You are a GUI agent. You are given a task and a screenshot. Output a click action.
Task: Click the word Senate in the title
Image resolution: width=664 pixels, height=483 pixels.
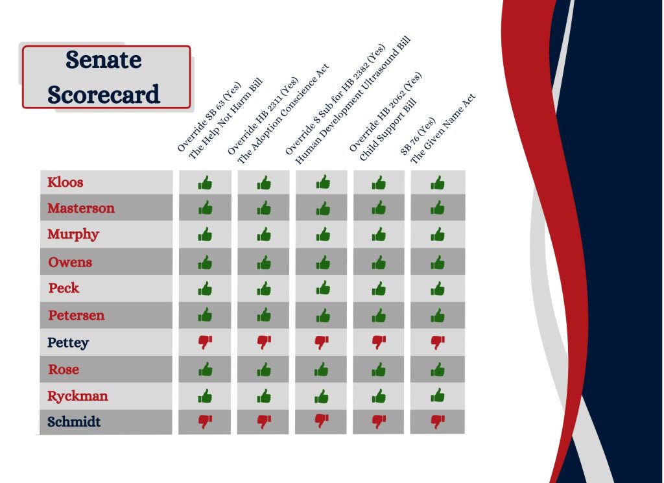103,60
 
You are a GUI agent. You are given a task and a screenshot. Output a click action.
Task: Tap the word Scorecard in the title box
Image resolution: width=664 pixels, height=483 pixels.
104,94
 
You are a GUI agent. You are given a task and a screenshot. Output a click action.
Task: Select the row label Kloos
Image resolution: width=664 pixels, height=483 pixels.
65,182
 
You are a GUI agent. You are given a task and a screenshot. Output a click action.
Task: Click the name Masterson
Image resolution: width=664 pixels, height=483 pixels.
81,208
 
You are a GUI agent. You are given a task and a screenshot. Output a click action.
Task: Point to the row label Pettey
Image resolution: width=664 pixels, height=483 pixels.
68,342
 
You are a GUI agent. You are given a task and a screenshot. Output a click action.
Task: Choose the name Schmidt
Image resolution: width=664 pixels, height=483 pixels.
74,421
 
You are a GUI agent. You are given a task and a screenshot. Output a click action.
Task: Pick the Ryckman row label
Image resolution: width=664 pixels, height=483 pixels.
78,395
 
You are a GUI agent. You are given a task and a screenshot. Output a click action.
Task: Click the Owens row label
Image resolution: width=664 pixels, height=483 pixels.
70,262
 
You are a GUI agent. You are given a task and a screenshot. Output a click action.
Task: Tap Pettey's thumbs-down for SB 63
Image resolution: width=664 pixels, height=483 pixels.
206,342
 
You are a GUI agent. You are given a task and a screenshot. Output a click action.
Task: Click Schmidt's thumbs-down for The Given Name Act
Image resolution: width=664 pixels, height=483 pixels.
438,421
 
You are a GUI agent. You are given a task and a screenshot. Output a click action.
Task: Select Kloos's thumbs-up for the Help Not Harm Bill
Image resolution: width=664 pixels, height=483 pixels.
206,182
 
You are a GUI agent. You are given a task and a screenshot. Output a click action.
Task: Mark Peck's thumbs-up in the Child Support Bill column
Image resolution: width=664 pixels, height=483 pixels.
379,289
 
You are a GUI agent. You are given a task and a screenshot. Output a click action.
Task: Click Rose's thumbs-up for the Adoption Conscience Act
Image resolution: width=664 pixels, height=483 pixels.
264,370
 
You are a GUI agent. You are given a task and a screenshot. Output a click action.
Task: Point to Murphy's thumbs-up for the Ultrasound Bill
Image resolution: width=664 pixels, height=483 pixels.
323,234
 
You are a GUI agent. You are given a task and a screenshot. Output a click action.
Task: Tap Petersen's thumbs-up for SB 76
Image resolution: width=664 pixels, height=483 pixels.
438,315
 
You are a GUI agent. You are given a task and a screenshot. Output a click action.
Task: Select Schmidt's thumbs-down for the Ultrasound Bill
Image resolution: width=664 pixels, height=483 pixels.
322,421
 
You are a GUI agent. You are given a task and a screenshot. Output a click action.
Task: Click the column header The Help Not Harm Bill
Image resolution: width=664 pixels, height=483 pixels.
226,119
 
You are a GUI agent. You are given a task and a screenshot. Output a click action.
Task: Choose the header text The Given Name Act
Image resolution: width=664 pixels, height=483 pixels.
444,128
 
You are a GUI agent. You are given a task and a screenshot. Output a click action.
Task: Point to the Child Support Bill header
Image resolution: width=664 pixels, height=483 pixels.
388,130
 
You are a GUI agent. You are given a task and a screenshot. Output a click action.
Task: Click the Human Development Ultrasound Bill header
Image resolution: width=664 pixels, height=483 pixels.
353,100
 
